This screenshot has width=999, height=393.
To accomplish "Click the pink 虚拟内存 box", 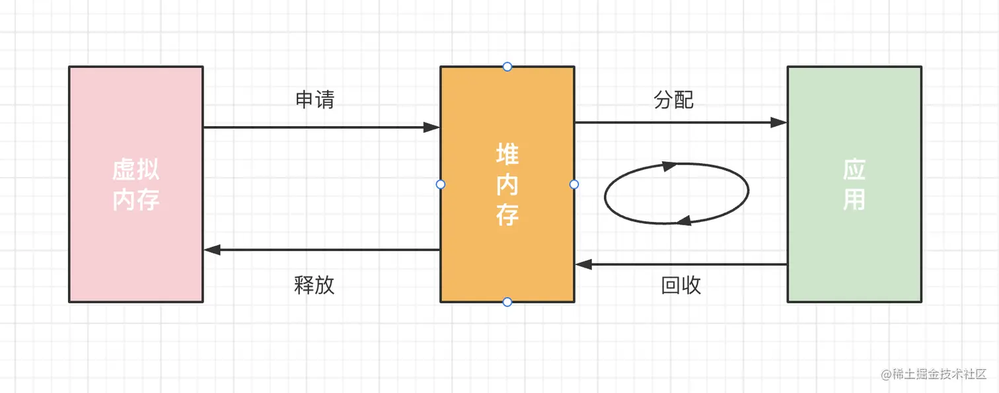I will click(135, 184).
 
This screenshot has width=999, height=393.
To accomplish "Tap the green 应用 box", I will click(854, 184).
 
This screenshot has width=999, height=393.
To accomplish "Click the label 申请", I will click(314, 100).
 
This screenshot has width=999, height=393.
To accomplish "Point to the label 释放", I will click(314, 285).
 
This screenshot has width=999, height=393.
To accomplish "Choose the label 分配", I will click(673, 100).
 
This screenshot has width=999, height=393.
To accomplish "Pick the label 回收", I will click(681, 285).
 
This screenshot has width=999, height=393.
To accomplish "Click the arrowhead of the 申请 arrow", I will click(432, 127).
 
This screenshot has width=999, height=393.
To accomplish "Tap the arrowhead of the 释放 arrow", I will click(212, 250).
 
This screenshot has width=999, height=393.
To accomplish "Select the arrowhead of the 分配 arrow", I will click(779, 122).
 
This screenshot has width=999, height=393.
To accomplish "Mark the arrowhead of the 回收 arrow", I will click(583, 264).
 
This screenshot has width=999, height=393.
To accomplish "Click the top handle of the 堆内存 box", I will click(507, 67).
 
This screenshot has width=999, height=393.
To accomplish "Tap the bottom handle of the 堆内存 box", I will click(507, 302).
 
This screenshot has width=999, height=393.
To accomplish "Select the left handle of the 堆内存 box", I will click(441, 184).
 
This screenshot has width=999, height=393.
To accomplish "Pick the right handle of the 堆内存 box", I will click(573, 184).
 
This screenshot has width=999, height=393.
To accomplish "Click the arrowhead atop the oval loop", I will click(670, 166).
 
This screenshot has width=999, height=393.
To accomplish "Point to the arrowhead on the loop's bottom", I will click(684, 221).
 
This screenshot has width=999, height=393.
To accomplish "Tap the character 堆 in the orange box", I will click(507, 155).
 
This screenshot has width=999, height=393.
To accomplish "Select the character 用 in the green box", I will click(854, 199).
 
